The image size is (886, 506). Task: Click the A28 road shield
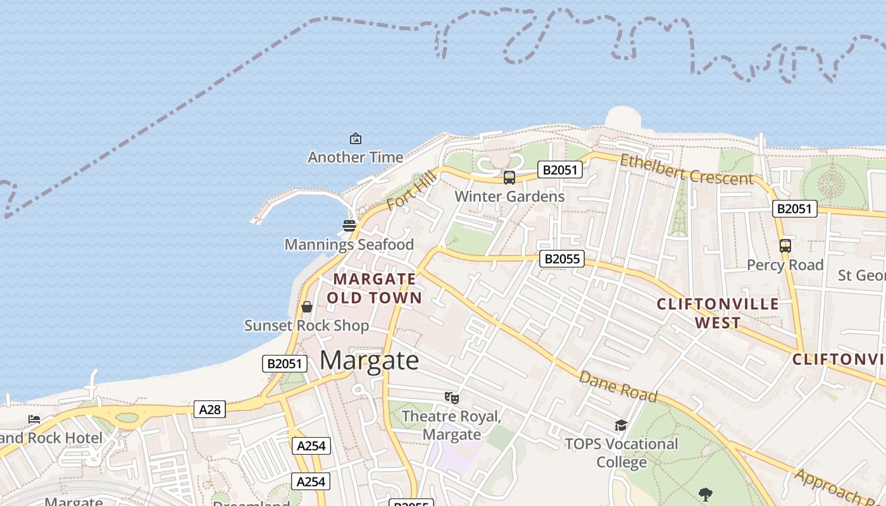click(x=209, y=409)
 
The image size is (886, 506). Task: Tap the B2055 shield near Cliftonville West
click(x=562, y=259)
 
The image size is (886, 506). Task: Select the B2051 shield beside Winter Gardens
click(x=559, y=170)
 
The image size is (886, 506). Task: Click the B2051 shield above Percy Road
click(x=794, y=209)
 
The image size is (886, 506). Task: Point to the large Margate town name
click(x=369, y=361)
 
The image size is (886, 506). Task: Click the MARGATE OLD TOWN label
click(x=374, y=288)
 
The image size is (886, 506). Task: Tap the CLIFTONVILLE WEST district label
click(x=718, y=313)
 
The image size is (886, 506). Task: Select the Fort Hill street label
click(x=411, y=190)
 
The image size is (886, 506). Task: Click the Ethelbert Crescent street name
click(x=687, y=170)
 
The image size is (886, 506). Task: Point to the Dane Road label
click(x=618, y=386)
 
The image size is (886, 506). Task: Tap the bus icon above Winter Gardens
click(x=509, y=178)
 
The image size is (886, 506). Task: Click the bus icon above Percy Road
click(x=785, y=246)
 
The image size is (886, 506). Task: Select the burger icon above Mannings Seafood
click(x=349, y=225)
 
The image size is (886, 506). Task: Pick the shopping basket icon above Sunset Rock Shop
click(x=307, y=307)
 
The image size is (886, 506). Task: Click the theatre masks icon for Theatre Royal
click(x=451, y=397)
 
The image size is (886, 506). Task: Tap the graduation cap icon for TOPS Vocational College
click(x=621, y=425)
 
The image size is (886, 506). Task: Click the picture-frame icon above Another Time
click(x=355, y=139)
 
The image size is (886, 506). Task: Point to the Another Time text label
click(x=355, y=157)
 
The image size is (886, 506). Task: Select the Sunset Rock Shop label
click(x=307, y=326)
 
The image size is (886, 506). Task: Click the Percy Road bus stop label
click(x=785, y=265)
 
